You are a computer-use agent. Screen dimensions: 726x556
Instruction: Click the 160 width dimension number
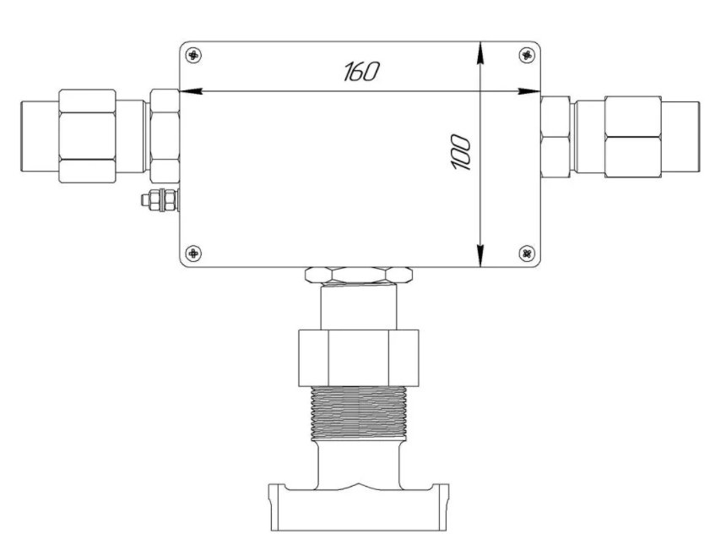[x=361, y=71]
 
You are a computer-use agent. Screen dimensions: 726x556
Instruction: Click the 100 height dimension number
[x=461, y=153]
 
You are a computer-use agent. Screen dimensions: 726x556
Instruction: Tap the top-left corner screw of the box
[x=193, y=56]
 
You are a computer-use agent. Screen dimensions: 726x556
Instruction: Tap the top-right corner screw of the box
[x=527, y=55]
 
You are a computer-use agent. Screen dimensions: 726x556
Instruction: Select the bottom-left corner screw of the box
[x=193, y=253]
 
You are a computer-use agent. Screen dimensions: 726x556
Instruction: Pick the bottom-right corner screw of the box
[x=527, y=253]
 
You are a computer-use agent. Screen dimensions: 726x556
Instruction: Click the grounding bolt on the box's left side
[x=160, y=200]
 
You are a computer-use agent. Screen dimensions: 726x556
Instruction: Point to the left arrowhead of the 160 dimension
[x=191, y=91]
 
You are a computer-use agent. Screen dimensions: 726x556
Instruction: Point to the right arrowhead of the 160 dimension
[x=529, y=91]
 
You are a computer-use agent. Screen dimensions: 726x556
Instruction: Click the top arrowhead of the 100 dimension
[x=481, y=52]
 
